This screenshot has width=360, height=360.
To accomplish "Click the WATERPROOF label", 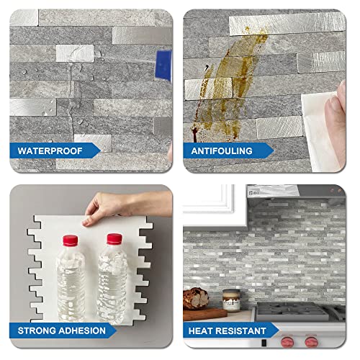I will [55, 151].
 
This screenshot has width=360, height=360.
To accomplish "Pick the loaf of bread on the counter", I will [196, 299].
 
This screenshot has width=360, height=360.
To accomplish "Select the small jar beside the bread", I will [230, 299].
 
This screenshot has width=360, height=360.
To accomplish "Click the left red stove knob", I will [289, 343].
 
